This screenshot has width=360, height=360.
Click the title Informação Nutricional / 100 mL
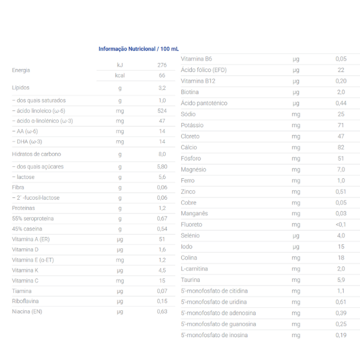click(139, 49)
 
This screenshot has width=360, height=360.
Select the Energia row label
click(21, 70)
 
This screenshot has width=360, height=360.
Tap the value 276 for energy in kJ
click(162, 65)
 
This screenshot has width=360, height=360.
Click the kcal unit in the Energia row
click(120, 76)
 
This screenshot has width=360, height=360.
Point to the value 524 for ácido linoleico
click(162, 111)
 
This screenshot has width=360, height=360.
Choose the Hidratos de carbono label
click(37, 154)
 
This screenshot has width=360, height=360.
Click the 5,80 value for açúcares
click(162, 166)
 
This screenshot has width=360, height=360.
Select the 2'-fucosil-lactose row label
click(36, 197)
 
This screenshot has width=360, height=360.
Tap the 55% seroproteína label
click(33, 218)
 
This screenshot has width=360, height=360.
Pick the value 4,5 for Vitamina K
click(162, 270)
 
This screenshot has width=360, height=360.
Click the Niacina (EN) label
click(27, 311)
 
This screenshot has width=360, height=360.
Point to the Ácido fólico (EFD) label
click(203, 70)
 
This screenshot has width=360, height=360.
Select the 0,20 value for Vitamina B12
click(341, 81)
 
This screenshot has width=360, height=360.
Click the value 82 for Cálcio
click(341, 147)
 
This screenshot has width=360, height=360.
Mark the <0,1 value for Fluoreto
click(341, 224)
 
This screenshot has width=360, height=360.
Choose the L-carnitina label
click(196, 268)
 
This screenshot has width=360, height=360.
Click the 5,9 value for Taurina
click(341, 280)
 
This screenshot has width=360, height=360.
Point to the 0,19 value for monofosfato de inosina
click(341, 335)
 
